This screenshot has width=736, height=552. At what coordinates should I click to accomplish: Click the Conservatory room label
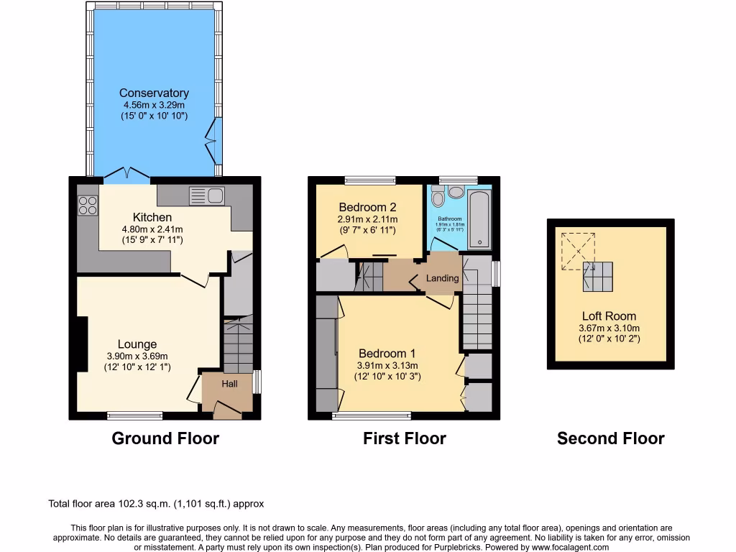(x=154, y=93)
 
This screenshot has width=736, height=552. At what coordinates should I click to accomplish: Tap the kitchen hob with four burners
(x=88, y=205)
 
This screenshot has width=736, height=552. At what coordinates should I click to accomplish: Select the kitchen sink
(x=207, y=195)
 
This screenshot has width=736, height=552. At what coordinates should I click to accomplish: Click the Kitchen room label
(x=152, y=217)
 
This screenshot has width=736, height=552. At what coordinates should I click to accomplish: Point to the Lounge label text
(x=137, y=344)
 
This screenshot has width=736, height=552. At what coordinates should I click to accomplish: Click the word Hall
(x=229, y=385)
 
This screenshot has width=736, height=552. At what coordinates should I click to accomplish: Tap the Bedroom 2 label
(x=368, y=207)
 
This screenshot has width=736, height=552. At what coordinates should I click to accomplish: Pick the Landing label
(x=442, y=278)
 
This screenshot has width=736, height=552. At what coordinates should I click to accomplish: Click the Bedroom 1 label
(x=387, y=354)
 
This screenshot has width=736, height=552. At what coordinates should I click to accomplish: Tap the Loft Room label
(x=609, y=316)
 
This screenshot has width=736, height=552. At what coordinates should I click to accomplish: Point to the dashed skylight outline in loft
(x=577, y=250)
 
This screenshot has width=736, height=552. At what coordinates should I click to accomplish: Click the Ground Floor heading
(x=165, y=438)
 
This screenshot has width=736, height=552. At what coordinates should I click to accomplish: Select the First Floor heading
(x=405, y=438)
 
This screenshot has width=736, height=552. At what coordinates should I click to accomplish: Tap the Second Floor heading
(x=610, y=438)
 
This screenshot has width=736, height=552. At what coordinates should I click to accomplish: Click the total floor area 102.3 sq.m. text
(x=161, y=504)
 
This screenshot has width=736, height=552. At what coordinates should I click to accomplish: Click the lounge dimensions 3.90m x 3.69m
(x=137, y=356)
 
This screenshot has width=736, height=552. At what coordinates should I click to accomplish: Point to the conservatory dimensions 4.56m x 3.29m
(x=154, y=105)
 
